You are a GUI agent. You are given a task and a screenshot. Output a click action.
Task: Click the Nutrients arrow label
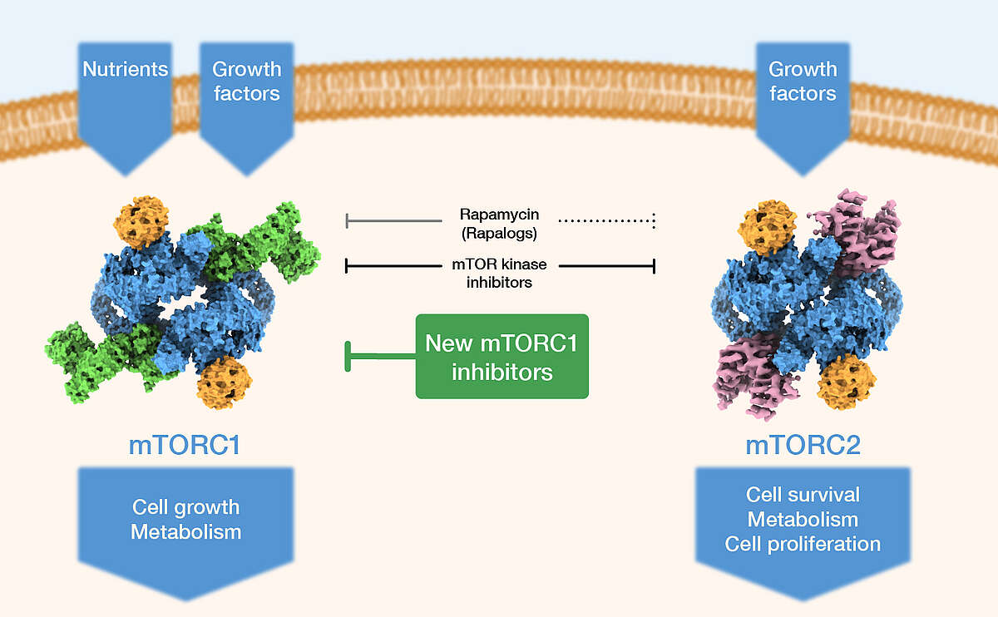point(126,69)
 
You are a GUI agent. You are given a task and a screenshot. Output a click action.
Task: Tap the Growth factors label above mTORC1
point(246,81)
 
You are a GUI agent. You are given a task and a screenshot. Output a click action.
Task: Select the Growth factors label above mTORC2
point(803,81)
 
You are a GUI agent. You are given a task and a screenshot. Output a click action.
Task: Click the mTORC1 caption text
point(185,445)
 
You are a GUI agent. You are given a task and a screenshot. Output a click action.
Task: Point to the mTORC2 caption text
point(803,445)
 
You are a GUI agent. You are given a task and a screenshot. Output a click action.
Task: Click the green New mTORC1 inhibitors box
point(501,356)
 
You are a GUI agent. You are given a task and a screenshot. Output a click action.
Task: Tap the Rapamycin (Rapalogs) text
point(499,222)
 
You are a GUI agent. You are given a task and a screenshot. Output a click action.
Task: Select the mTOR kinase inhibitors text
point(499,274)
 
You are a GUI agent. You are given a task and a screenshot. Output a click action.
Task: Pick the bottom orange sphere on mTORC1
point(225,382)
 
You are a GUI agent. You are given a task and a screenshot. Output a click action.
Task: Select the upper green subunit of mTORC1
point(266,241)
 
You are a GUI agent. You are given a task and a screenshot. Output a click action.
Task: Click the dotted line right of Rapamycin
point(607,221)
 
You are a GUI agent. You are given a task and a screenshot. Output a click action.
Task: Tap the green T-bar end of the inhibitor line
point(348,356)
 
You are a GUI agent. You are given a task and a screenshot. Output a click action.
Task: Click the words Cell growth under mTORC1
point(185,506)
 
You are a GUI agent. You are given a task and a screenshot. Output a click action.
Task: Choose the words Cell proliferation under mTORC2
point(803,544)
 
